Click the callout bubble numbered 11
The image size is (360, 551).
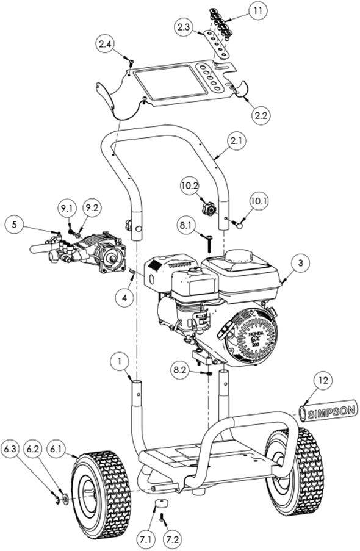click(x=259, y=11)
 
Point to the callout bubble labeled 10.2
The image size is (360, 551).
click(x=189, y=184)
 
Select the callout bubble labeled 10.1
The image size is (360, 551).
click(x=259, y=200)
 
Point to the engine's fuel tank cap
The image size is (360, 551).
click(x=239, y=256)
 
